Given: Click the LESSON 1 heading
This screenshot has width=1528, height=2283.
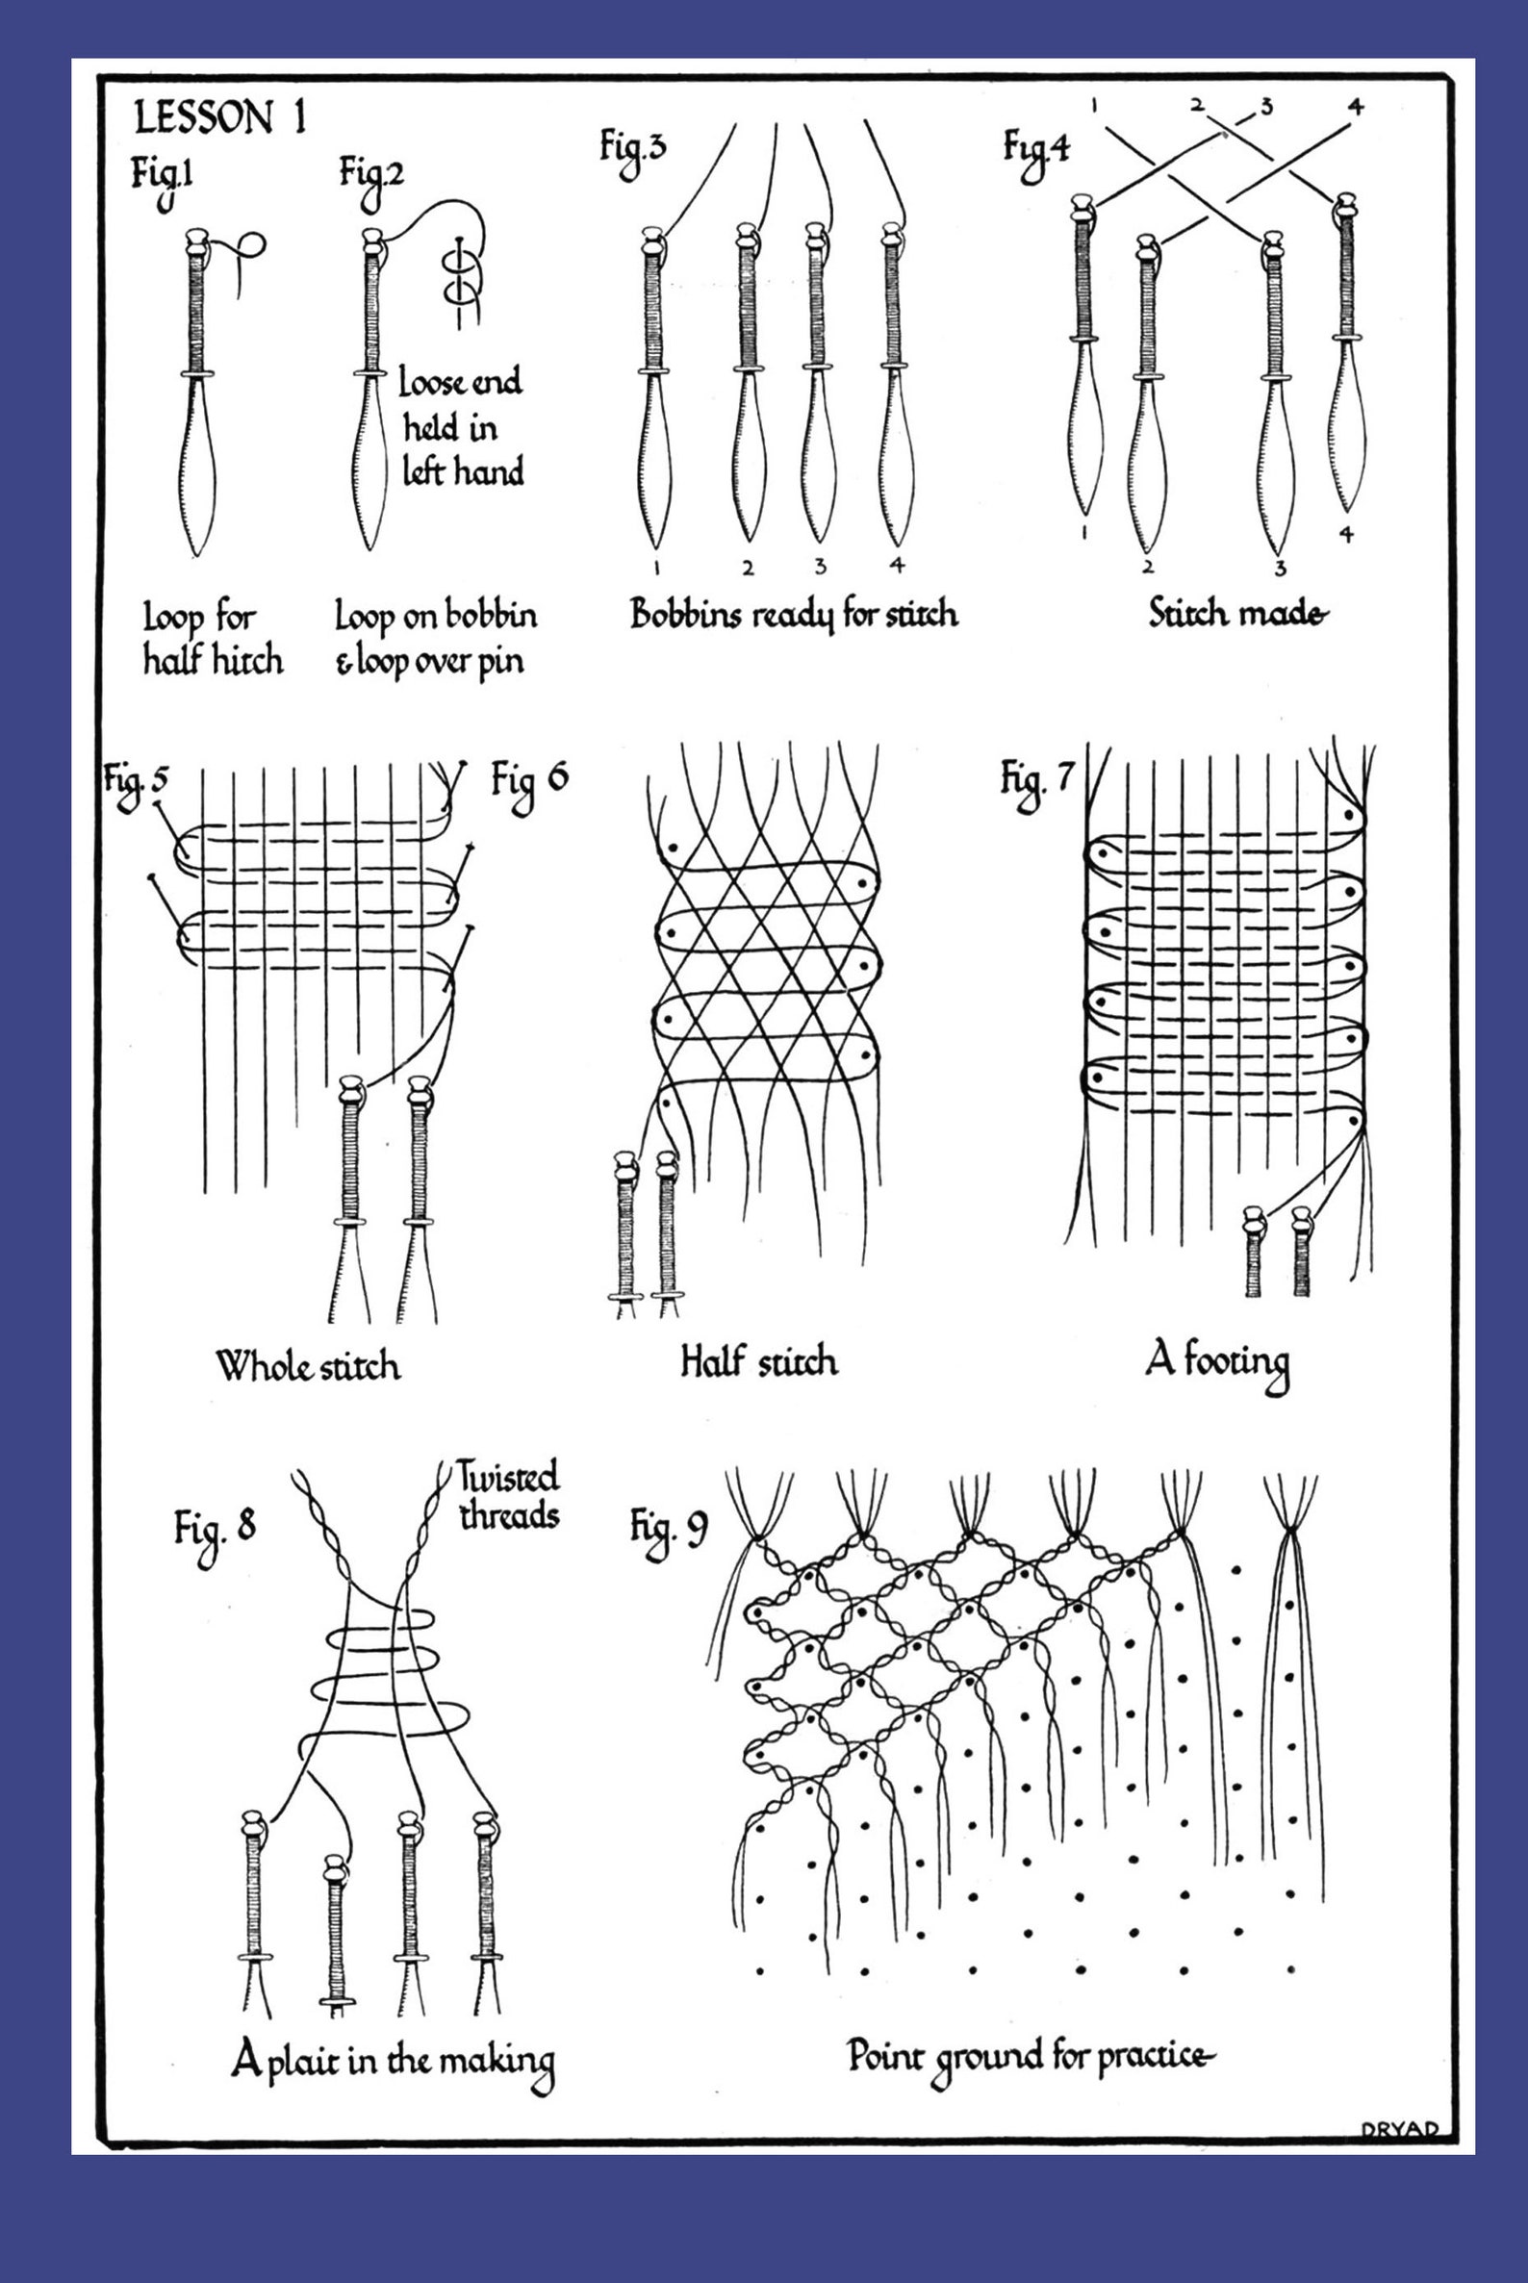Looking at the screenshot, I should (220, 118).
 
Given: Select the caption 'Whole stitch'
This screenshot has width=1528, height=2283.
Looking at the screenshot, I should (308, 1365).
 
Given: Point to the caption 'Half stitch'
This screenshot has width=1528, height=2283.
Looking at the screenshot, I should (758, 1361).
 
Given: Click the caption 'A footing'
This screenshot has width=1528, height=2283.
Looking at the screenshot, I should (1216, 1363).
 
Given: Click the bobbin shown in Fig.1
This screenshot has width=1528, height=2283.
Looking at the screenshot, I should (197, 390).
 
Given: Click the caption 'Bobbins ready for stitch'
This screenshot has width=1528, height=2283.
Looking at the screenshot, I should (793, 615).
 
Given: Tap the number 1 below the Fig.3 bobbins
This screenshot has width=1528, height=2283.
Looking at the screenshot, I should (658, 566).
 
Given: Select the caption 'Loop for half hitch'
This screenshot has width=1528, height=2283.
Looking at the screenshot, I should (213, 639).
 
